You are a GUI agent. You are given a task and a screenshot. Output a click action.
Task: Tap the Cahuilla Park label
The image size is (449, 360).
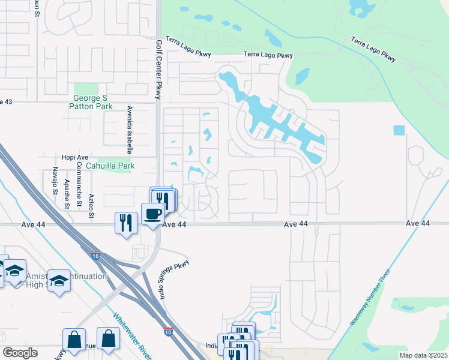point(110,166)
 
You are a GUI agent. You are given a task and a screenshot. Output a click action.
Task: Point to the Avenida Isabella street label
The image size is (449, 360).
point(129,125)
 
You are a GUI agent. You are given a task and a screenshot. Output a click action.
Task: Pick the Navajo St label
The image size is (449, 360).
point(55,181)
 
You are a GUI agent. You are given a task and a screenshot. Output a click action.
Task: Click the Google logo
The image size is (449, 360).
point(20,353)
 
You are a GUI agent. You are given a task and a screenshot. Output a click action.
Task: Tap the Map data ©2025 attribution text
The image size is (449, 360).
point(424,355)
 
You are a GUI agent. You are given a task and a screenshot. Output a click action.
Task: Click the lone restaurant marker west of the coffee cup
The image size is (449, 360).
point(125,223)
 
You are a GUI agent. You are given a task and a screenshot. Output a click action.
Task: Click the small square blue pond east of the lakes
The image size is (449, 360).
point(399,130)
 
